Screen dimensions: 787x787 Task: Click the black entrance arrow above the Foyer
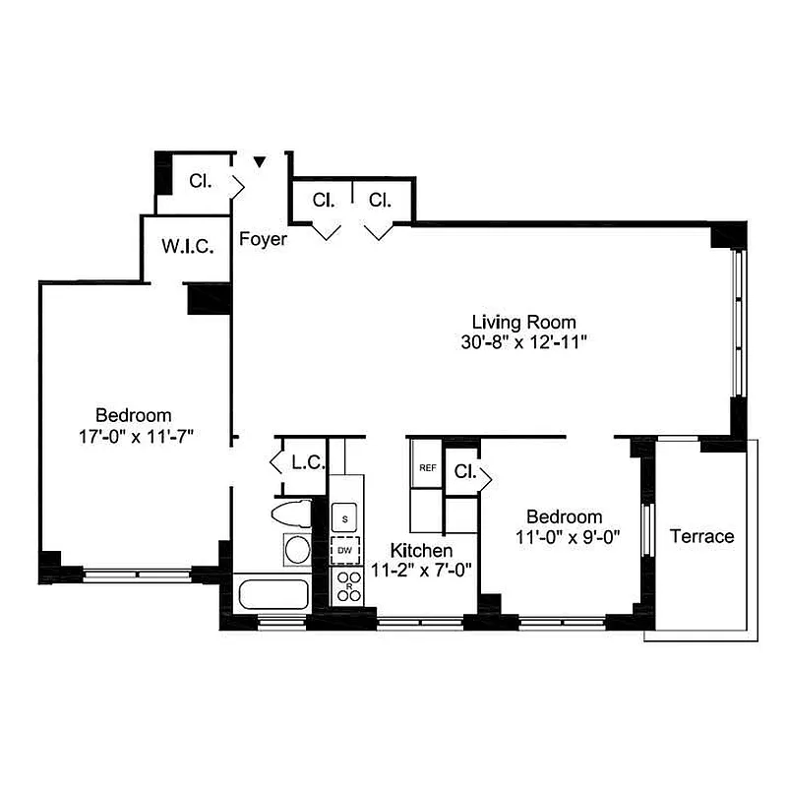[260, 161]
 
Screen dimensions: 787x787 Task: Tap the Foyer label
[264, 238]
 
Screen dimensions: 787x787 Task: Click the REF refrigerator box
[427, 468]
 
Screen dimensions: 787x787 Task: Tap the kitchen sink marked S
[345, 515]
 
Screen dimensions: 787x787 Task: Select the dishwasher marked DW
[345, 551]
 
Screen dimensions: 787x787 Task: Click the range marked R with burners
[346, 587]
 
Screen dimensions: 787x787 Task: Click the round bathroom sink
[296, 550]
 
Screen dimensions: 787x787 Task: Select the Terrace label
[701, 536]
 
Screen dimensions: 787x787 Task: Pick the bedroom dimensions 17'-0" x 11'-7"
[133, 436]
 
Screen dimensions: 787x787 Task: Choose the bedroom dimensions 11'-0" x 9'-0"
[564, 537]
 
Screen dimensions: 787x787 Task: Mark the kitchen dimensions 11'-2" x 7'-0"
[421, 569]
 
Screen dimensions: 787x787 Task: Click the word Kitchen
[421, 550]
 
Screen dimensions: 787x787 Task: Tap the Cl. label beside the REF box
[465, 472]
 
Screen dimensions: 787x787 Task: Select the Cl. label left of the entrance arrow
[201, 181]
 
